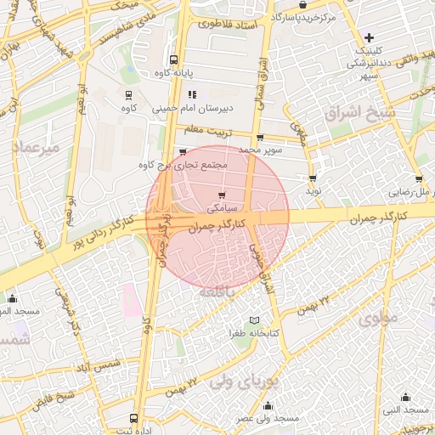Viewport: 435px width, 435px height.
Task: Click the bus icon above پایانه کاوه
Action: point(174,60)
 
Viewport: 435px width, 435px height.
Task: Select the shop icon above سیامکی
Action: point(211,195)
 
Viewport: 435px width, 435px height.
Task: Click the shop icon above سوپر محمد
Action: point(259,138)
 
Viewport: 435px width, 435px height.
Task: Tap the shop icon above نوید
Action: point(313,178)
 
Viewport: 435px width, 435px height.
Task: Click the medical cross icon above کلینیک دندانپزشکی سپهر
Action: point(369,37)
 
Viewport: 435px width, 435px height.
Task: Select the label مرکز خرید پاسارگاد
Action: point(304,16)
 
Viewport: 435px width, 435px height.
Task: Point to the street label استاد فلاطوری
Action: point(227,25)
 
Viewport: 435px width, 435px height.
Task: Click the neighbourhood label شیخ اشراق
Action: point(371,113)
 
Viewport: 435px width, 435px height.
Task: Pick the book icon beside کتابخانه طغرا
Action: point(254,320)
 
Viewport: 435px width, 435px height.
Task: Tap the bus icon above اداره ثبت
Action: point(133,418)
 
